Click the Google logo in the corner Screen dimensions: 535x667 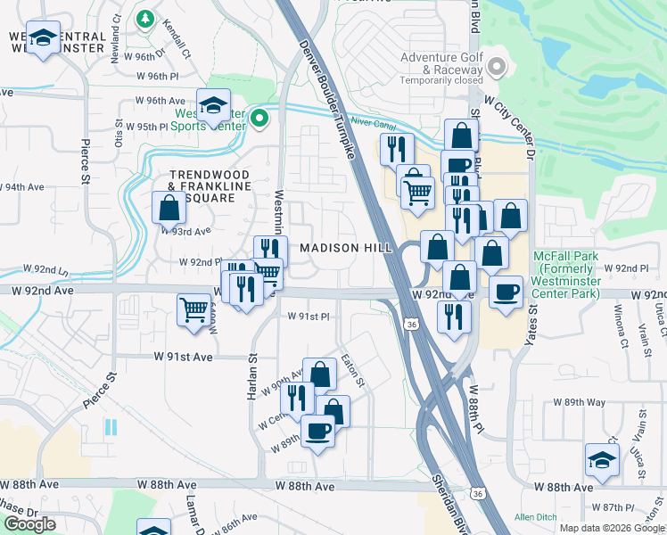click(29, 524)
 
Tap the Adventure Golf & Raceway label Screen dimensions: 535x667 click(440, 64)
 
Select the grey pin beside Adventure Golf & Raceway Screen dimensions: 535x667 click(498, 67)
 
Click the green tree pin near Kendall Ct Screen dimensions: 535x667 click(144, 18)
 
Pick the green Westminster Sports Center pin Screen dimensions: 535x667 click(259, 118)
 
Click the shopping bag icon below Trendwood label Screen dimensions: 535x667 click(169, 208)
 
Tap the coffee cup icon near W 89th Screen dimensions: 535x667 click(317, 431)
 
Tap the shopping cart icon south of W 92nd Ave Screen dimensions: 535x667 click(194, 309)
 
